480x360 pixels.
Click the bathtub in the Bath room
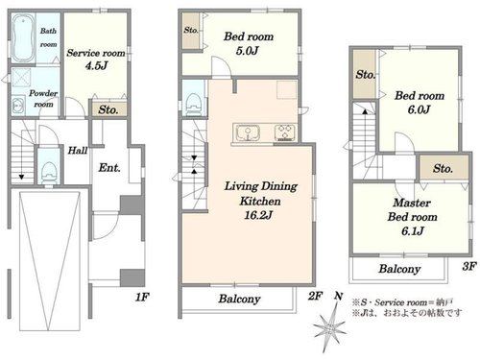coord(24,38)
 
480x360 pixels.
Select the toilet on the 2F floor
coord(193,103)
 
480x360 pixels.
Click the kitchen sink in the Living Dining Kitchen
coord(248,132)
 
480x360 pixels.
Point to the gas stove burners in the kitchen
coord(285,132)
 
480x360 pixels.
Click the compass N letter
coord(339,297)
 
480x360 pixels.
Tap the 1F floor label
coord(142,298)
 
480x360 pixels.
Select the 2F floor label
coord(315,296)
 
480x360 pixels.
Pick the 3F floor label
coord(469,266)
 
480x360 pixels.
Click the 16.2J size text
coord(258,215)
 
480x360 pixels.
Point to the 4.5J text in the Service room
coord(96,66)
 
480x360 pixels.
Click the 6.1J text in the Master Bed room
coord(412,230)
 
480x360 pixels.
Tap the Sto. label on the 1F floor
coord(108,110)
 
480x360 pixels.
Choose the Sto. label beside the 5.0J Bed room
coord(191,30)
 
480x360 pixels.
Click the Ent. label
coord(109,168)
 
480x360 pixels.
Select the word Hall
coord(78,150)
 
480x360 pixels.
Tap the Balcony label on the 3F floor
coord(399,269)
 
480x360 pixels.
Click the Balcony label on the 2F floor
coord(239,300)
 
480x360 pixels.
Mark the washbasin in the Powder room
coord(18,106)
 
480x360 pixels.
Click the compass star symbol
coord(329,327)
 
